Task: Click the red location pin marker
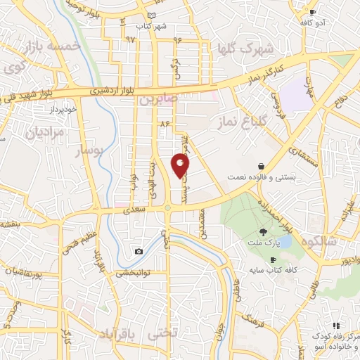tap(181, 165)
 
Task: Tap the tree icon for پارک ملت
tap(263, 232)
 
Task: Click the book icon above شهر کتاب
tap(153, 15)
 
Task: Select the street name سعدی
tap(131, 210)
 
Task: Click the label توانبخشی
tap(130, 272)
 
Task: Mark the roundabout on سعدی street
tap(168, 207)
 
